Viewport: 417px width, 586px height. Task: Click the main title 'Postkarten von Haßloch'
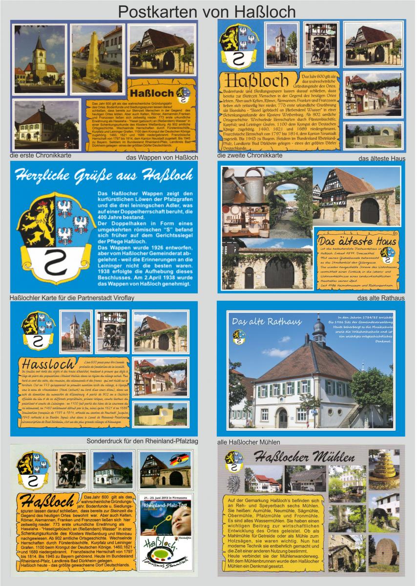tap(207, 10)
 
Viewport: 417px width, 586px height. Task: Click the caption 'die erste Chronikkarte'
tap(41, 156)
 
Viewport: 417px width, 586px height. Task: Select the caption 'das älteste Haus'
tap(381, 158)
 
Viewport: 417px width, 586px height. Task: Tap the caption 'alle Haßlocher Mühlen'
tap(249, 442)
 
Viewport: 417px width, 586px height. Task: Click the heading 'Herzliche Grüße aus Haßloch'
tap(104, 175)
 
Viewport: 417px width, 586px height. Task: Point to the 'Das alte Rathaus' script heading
tap(259, 321)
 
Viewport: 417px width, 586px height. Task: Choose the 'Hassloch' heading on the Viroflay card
tap(47, 365)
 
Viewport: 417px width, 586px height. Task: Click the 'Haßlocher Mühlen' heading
tap(304, 458)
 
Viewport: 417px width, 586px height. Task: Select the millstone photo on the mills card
tap(383, 553)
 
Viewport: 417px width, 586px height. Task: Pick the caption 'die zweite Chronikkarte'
tap(250, 156)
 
